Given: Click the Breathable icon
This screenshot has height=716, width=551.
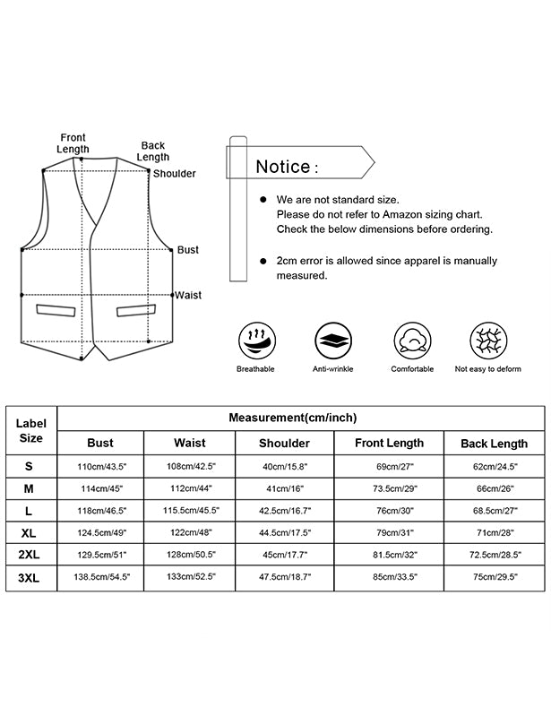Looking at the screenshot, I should click(x=256, y=341).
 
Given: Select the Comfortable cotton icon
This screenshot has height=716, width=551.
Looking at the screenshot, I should click(x=412, y=341).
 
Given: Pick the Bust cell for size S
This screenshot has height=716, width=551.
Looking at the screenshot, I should click(x=100, y=466).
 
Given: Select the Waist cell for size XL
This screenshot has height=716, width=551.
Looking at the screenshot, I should click(x=189, y=533).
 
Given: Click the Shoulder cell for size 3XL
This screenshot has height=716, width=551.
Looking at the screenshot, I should click(x=284, y=578).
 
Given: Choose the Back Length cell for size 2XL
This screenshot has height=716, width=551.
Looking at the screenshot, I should click(x=494, y=556).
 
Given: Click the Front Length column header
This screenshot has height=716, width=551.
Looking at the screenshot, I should click(x=389, y=443).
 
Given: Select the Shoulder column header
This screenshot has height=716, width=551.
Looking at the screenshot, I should click(x=284, y=443).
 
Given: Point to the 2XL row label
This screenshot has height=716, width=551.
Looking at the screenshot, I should click(x=30, y=556).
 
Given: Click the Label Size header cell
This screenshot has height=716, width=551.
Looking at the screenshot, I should click(x=30, y=431).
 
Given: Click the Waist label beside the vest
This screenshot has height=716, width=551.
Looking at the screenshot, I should click(x=188, y=295).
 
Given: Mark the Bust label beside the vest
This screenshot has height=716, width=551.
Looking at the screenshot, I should click(x=188, y=250).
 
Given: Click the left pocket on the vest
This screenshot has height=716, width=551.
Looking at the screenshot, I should click(x=56, y=310).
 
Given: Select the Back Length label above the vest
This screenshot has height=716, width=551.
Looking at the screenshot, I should click(x=153, y=151).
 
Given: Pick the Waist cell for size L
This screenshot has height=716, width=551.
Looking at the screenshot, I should click(x=189, y=511).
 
